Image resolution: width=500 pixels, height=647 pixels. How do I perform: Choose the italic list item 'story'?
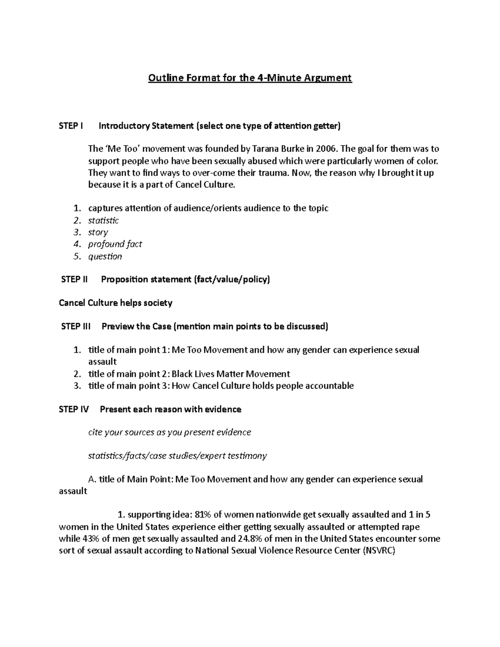[x=98, y=232]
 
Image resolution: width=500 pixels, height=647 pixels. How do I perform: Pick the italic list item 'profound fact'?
[x=115, y=244]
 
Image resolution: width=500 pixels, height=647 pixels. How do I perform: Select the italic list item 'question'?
[x=105, y=256]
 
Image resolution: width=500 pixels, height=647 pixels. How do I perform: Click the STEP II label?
[x=74, y=280]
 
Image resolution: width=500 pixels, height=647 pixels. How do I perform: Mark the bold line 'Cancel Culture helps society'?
[x=115, y=303]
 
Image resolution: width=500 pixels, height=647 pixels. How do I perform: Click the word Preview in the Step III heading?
[x=117, y=326]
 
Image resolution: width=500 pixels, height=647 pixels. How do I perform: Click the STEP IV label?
[x=74, y=410]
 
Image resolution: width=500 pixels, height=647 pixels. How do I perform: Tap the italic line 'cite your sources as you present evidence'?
[x=170, y=432]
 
